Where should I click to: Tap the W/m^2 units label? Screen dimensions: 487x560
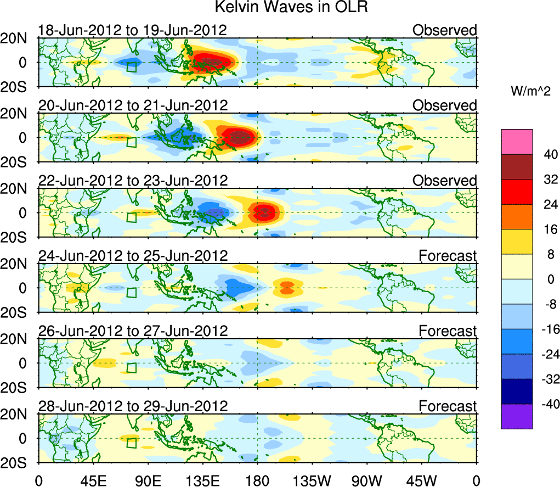pos(530,92)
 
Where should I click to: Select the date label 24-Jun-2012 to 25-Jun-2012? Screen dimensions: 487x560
pos(132,256)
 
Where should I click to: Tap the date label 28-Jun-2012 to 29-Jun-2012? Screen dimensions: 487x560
pos(132,406)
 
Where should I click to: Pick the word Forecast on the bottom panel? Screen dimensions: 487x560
pos(448,406)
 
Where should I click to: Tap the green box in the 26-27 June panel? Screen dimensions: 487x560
pos(132,368)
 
